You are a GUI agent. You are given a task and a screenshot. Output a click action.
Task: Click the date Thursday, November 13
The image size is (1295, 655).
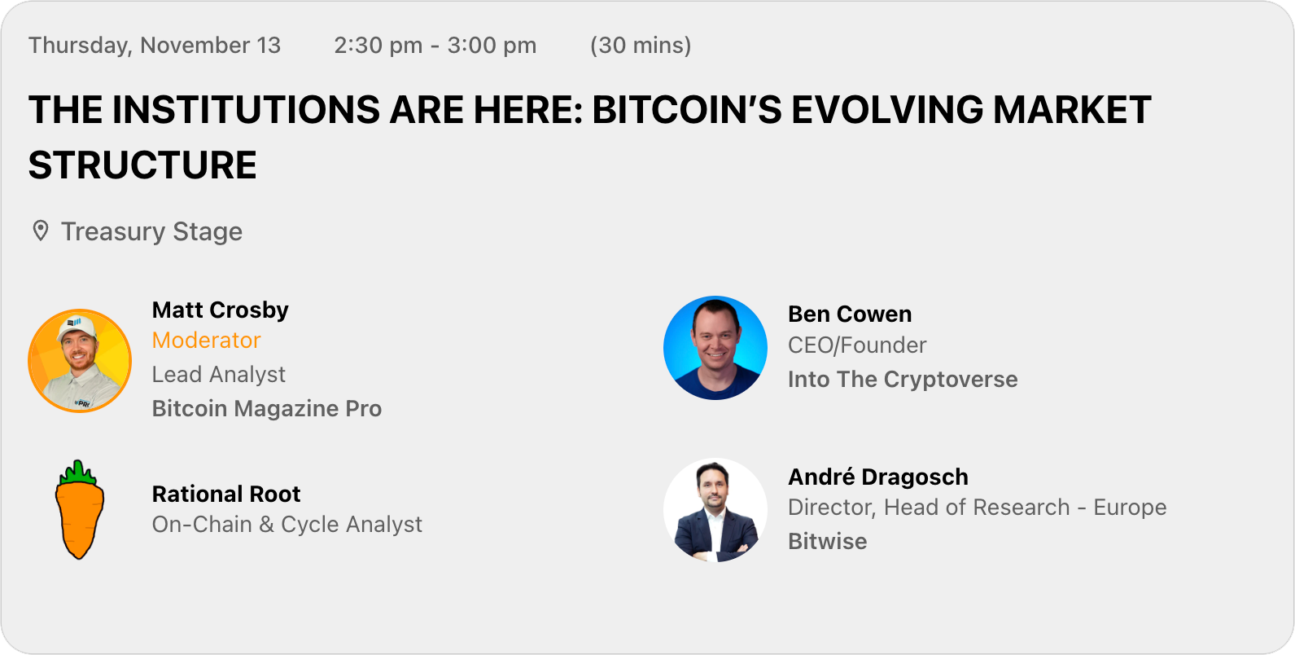155,46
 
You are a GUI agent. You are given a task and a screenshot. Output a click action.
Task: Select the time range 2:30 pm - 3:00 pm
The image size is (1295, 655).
435,46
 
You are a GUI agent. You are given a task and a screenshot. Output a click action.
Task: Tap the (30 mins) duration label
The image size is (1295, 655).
641,46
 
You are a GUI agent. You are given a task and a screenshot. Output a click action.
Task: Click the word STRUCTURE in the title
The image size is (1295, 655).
142,165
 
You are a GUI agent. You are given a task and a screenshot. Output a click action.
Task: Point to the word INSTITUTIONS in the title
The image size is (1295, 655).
246,110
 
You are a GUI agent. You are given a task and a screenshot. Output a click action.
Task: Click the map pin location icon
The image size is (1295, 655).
40,231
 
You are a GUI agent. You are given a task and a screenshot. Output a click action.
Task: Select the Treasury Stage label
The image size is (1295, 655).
151,231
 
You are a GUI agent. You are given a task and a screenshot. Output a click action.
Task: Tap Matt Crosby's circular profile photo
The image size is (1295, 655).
80,361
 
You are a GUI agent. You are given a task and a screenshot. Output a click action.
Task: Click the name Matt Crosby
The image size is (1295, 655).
220,310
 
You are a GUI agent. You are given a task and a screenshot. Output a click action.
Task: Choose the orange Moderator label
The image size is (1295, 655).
206,341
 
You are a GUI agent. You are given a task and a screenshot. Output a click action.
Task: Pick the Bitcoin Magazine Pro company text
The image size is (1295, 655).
266,408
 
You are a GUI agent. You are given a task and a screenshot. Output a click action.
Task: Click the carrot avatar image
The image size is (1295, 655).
80,510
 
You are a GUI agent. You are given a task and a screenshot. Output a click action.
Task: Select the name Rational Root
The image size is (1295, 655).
225,494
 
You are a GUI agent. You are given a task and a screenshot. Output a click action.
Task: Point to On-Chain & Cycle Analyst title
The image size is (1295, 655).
287,525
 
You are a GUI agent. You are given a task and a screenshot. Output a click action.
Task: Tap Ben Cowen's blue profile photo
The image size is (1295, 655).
715,348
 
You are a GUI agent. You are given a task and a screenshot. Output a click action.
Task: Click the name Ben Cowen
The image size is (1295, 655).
849,314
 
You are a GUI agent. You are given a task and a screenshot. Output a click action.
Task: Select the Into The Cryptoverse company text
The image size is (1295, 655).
902,380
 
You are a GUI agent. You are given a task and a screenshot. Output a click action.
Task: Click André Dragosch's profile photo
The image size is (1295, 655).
715,511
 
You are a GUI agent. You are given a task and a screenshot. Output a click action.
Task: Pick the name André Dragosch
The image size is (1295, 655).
877,477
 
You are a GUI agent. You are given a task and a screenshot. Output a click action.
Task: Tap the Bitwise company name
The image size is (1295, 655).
827,542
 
